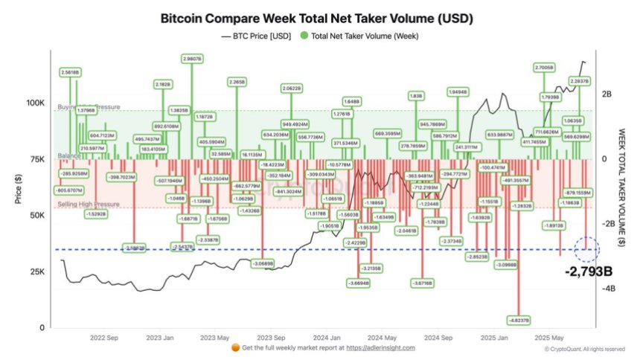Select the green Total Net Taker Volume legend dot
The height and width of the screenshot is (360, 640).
(304, 35)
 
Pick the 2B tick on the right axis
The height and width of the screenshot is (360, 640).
(607, 94)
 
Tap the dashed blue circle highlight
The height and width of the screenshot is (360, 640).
(588, 249)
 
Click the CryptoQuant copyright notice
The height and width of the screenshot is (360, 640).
(584, 348)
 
